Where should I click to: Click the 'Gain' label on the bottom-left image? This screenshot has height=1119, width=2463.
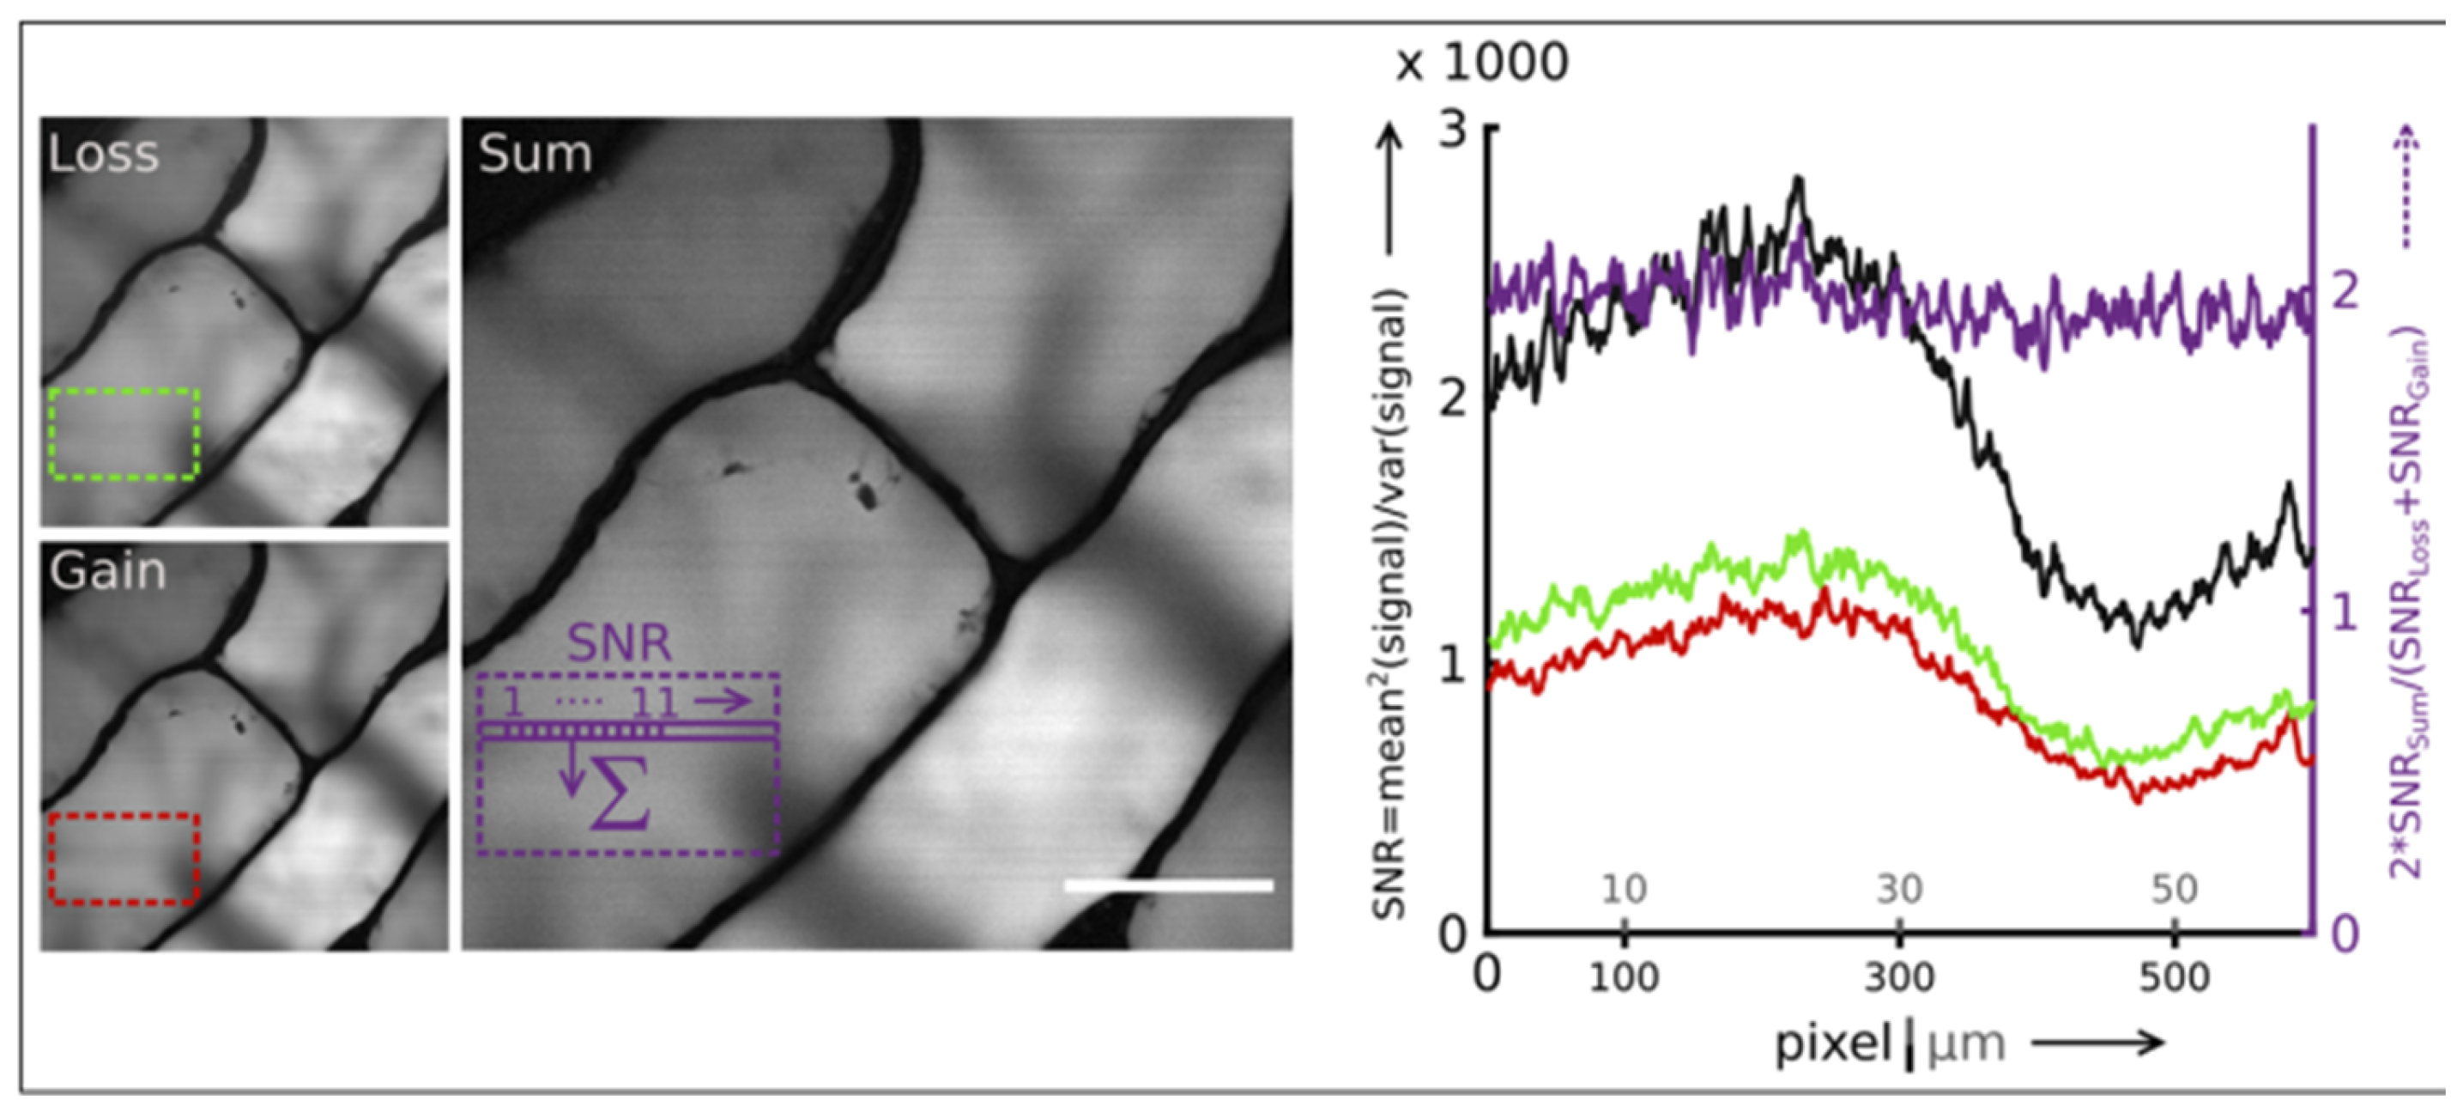(107, 572)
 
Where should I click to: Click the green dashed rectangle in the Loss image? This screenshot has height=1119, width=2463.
(124, 390)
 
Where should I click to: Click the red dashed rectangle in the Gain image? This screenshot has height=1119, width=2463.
(124, 816)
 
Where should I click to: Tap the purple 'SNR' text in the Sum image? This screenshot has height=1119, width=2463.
(620, 644)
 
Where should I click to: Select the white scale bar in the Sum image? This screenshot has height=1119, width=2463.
(1168, 885)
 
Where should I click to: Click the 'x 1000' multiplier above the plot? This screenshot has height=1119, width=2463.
(1481, 64)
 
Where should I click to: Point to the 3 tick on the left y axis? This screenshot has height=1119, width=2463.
(1453, 129)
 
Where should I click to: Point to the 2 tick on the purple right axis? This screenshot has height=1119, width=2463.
(2345, 292)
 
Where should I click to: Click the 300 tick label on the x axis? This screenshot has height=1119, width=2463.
(1899, 977)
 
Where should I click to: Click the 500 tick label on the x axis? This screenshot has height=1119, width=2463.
(2175, 977)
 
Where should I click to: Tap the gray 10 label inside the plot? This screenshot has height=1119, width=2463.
(1624, 891)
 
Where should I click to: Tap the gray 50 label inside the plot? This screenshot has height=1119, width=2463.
(2175, 891)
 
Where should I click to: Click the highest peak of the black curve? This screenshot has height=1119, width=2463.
(1799, 179)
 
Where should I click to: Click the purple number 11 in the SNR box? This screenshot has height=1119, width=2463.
(655, 704)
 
